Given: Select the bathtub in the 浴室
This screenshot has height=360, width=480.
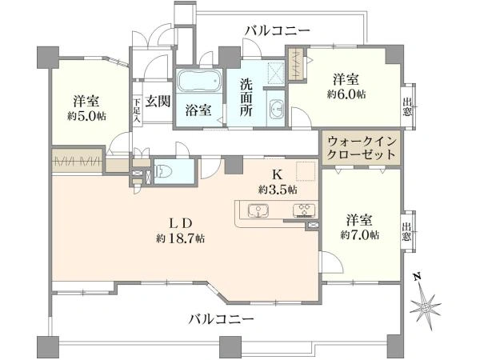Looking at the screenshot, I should point(197,82).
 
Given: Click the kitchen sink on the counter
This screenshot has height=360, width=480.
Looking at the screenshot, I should point(258,211).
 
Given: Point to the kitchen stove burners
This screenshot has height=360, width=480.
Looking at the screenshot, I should point(304,211).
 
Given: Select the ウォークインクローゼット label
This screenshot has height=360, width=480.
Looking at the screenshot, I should point(362,148).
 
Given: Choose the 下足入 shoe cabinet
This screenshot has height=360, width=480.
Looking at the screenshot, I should point(138,109).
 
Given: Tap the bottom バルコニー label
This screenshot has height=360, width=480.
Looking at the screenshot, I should point(222,318).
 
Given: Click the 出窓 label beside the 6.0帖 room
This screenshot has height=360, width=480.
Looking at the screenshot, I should point(407,106).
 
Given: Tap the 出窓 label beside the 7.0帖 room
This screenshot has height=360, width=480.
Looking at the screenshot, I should point(407,233).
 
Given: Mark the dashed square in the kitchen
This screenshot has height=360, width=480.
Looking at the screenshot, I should point(306,171).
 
